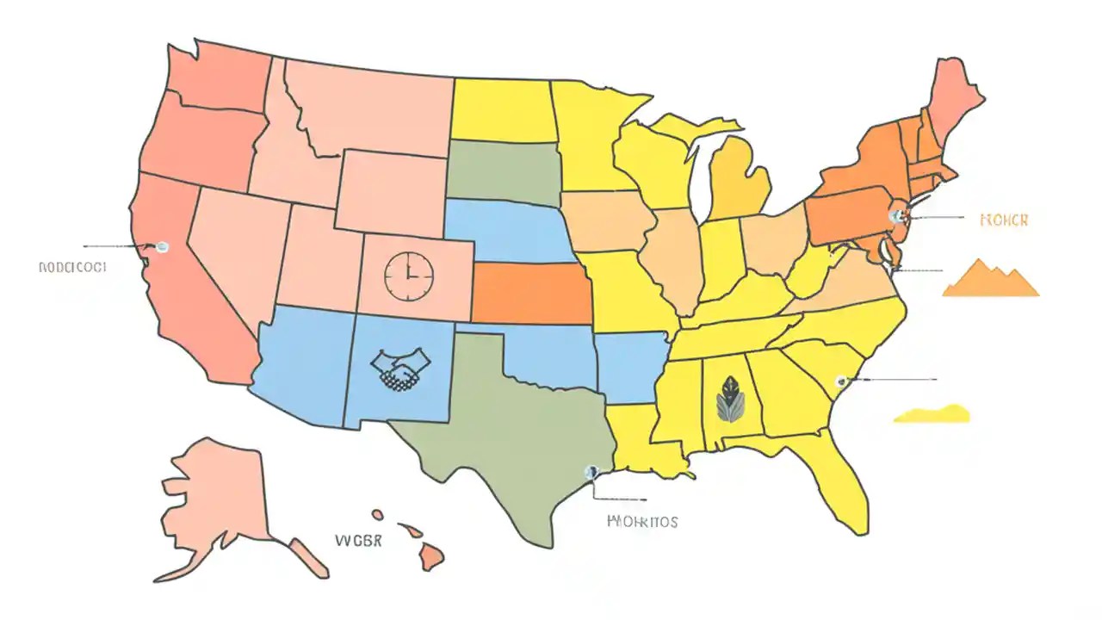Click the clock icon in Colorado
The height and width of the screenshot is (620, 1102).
(x=409, y=276)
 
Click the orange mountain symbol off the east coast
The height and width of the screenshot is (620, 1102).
(x=990, y=279)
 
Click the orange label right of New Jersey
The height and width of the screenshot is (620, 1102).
(x=1004, y=220)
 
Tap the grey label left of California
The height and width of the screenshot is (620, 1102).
(x=72, y=268)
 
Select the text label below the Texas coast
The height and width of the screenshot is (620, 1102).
(x=642, y=521)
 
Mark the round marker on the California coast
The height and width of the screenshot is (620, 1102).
(x=162, y=246)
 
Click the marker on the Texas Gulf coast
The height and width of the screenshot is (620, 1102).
(x=591, y=472)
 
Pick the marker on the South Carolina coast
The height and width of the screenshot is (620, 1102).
(x=841, y=381)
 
